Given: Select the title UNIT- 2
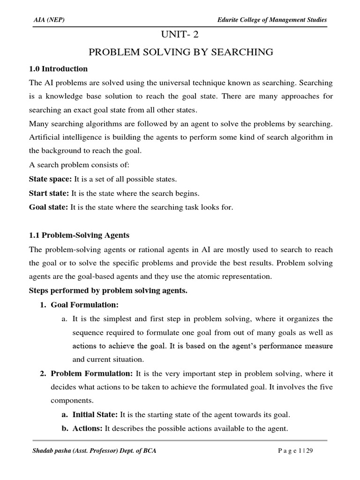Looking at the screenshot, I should pyautogui.click(x=180, y=35).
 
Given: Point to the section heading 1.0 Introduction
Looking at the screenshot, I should pyautogui.click(x=58, y=69).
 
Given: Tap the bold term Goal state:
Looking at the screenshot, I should pyautogui.click(x=49, y=207).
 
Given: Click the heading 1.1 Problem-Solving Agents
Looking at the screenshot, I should pyautogui.click(x=79, y=235).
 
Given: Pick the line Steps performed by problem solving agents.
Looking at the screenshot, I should pyautogui.click(x=108, y=291).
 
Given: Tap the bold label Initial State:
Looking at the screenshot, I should pyautogui.click(x=95, y=415).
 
